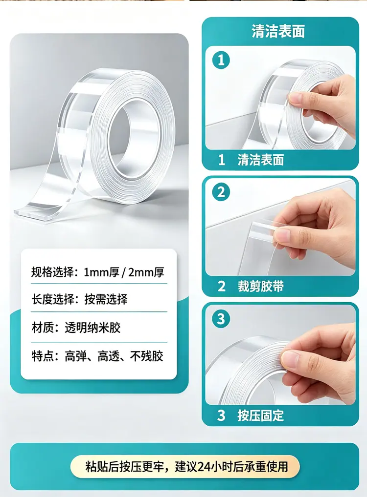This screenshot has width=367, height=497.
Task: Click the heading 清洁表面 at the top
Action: [x=278, y=31]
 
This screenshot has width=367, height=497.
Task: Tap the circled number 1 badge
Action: [x=221, y=60]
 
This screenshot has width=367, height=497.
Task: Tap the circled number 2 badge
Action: [x=221, y=192]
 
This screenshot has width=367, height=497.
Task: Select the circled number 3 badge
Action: [x=221, y=318]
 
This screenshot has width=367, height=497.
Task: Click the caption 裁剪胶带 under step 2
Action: [x=260, y=286]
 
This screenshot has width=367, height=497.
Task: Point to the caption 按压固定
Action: [x=260, y=415]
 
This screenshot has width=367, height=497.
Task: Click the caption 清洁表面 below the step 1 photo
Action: [x=260, y=160]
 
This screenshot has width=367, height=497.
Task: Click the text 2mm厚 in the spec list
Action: [x=146, y=272]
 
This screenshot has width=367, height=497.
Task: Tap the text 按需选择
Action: [x=106, y=299]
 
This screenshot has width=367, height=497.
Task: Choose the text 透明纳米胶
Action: [x=93, y=328]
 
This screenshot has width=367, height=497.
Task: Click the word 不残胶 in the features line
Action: [x=147, y=356]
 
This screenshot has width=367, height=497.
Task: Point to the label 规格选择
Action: [x=52, y=272]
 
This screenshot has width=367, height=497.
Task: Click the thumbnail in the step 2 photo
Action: [x=281, y=236]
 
